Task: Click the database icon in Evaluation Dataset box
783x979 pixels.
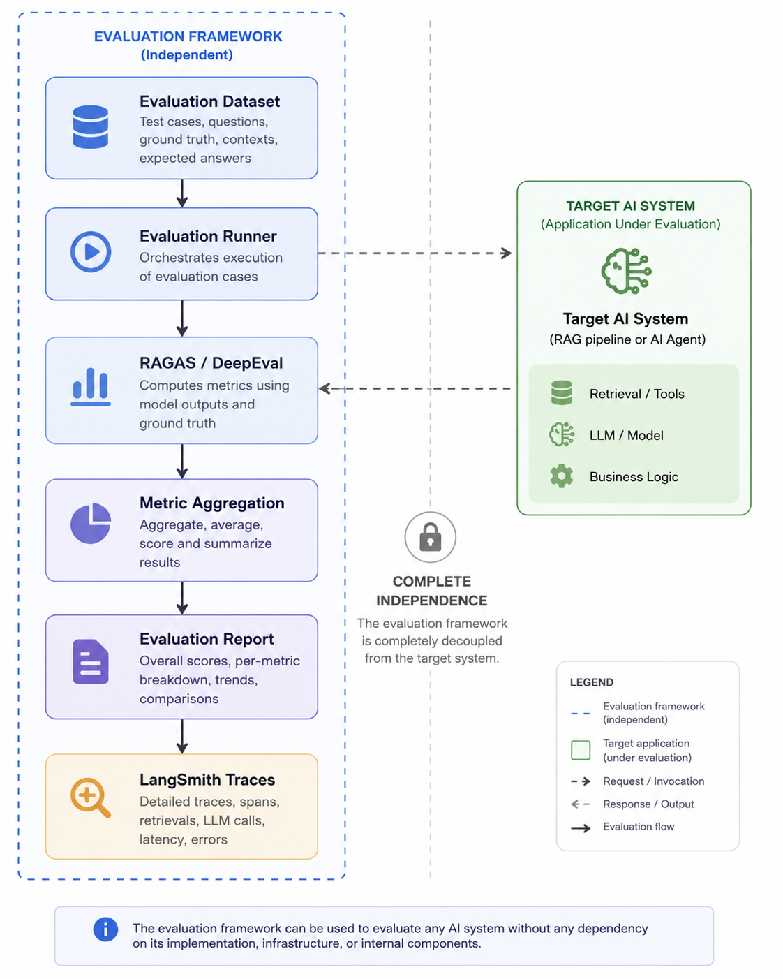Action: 91,127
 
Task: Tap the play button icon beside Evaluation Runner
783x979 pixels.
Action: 91,251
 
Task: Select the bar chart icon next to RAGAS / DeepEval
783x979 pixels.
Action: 91,386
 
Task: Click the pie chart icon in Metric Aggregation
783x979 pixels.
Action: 91,523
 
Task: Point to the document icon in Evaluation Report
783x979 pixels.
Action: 91,661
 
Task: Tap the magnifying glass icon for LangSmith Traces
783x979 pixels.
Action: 91,797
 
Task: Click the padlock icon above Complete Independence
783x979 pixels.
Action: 430,537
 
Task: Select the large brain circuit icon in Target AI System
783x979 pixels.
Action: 626,271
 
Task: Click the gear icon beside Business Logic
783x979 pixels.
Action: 562,476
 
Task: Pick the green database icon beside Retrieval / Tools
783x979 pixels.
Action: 562,392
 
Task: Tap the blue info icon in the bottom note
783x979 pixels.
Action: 105,929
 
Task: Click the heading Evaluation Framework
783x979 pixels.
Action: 188,36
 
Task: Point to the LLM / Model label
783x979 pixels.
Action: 626,435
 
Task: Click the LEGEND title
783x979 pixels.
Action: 592,682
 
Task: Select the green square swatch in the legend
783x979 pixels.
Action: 581,750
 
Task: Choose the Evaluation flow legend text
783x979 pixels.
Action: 639,827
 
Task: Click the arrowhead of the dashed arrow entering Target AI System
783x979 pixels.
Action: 507,253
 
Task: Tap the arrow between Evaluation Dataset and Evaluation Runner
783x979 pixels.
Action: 182,193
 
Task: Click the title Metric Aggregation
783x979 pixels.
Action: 212,503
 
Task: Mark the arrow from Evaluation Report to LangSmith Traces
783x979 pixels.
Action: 182,736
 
